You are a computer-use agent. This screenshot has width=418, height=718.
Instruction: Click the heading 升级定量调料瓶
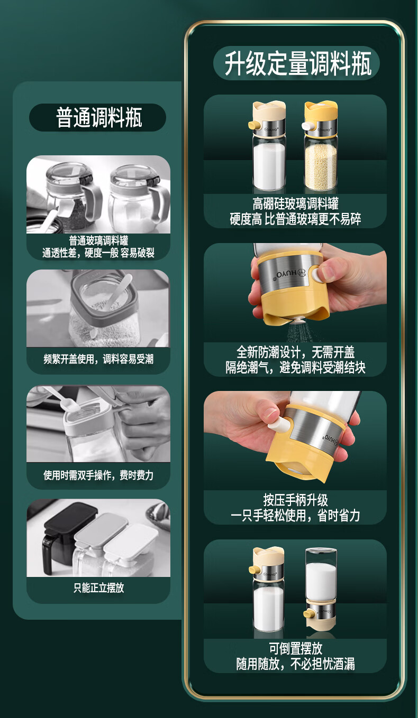click(x=297, y=63)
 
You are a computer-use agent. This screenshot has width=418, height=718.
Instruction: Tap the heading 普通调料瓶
click(x=99, y=117)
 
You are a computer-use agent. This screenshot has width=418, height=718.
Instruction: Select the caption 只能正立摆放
click(x=98, y=588)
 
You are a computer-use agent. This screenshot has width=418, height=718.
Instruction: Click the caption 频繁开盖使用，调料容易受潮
click(x=98, y=359)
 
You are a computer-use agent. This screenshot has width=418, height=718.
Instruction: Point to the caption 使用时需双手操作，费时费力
click(x=98, y=475)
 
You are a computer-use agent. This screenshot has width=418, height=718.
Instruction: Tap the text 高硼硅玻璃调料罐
click(x=295, y=203)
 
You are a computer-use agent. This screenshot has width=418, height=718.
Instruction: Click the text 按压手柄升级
click(x=295, y=500)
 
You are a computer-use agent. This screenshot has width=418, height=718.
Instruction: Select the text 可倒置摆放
click(x=295, y=648)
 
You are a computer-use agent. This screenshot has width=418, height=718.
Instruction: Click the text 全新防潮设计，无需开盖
click(x=295, y=352)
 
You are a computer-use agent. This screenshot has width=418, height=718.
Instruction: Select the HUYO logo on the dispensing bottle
click(x=290, y=274)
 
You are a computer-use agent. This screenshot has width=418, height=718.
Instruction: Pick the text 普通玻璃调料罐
click(x=98, y=240)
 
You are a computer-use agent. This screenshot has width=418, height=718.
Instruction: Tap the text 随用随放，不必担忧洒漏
click(x=295, y=664)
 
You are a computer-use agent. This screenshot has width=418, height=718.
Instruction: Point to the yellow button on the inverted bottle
click(x=308, y=613)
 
